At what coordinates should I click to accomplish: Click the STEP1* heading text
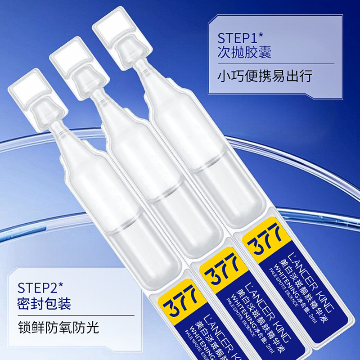(x=240, y=37)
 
